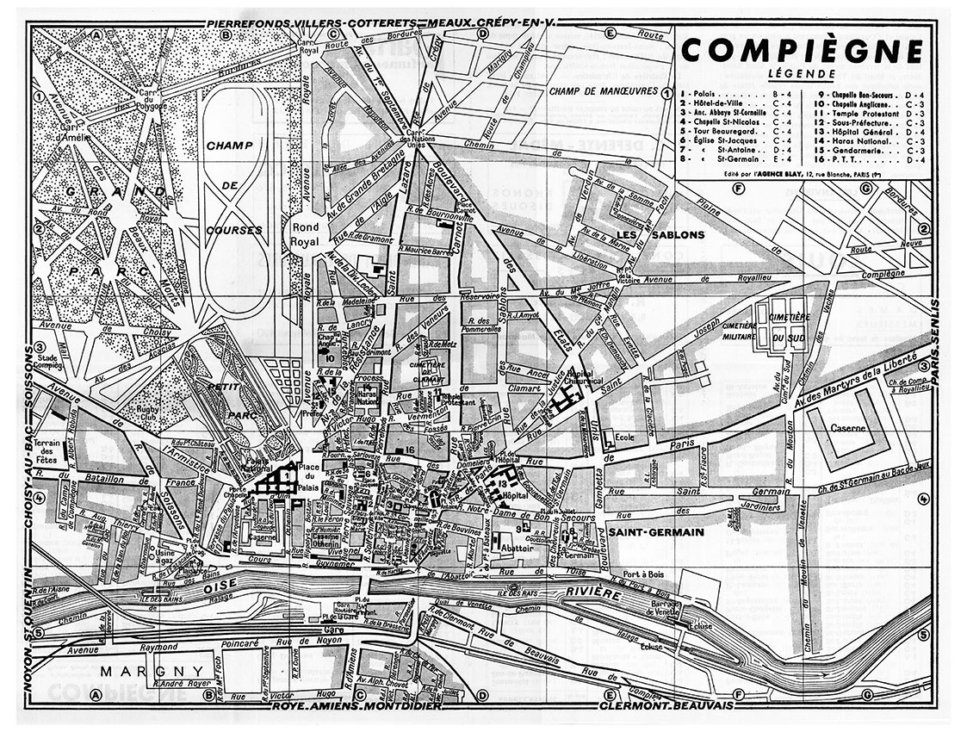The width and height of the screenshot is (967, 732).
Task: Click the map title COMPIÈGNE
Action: tap(802, 50)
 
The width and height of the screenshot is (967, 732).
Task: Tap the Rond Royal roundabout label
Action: tap(306, 233)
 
